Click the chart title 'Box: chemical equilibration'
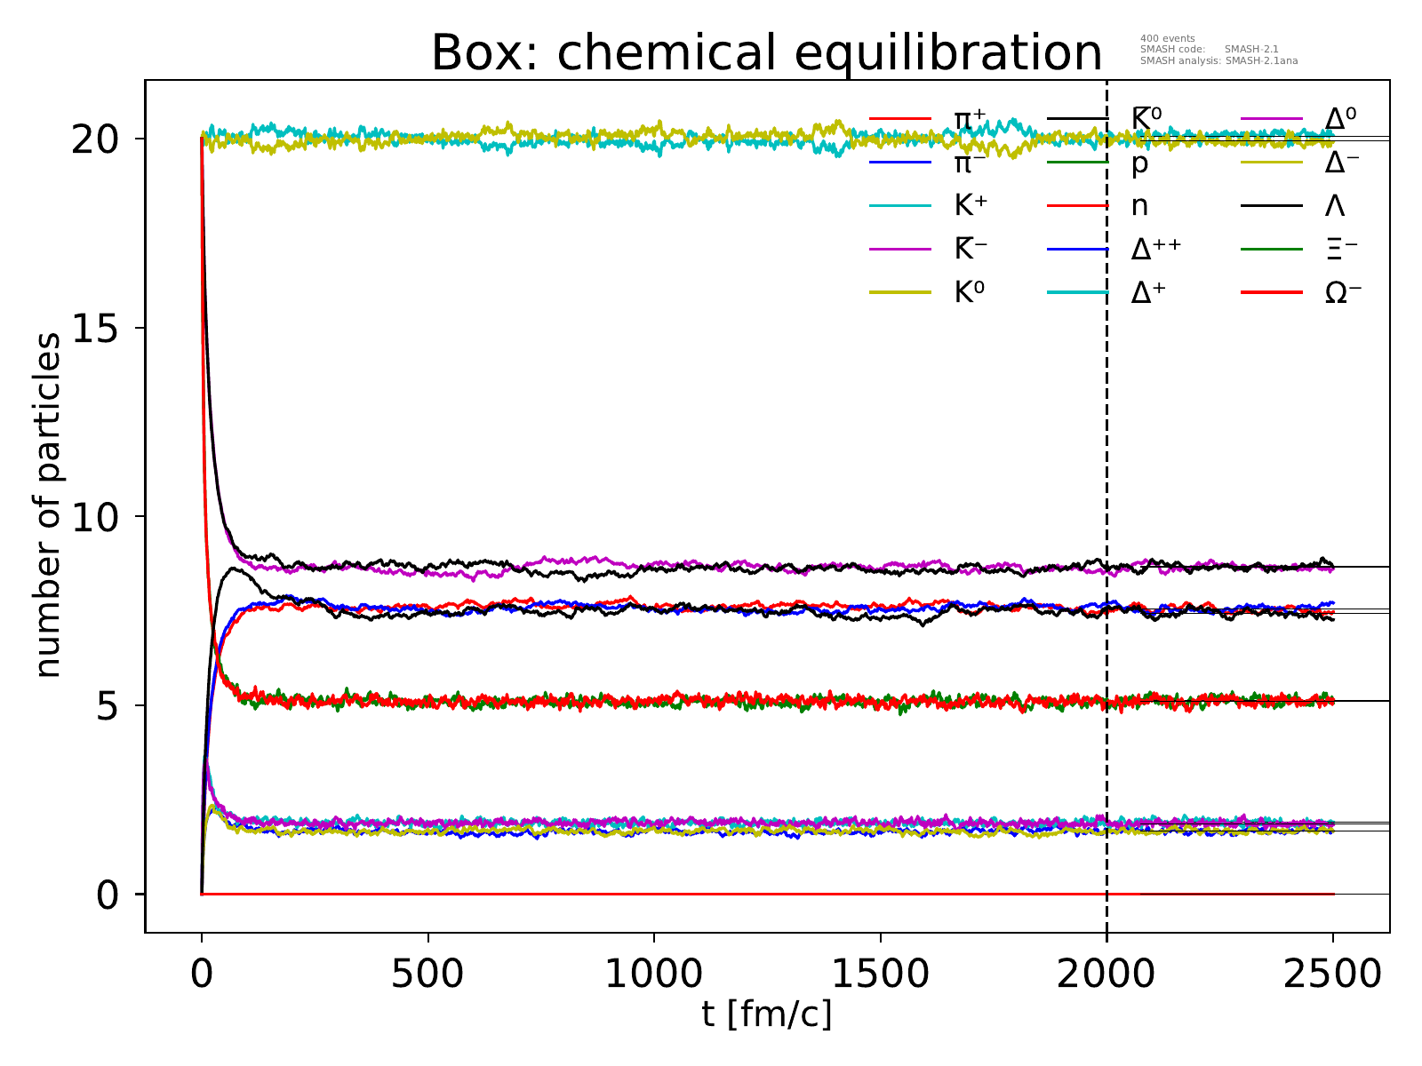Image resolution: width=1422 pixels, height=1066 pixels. [x=766, y=53]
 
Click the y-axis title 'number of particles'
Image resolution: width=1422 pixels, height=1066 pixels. [x=49, y=505]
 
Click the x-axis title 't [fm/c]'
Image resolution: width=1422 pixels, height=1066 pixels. [x=766, y=1014]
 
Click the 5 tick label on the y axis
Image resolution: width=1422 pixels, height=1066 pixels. [x=107, y=706]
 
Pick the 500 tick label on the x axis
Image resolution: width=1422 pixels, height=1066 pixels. [x=428, y=974]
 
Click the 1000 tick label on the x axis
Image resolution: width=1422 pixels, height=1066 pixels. [x=654, y=974]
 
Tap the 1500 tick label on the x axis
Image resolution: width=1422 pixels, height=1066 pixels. [x=881, y=974]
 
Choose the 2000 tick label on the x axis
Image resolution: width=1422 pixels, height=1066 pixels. [x=1106, y=974]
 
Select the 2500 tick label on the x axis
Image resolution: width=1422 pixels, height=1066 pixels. [x=1333, y=974]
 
